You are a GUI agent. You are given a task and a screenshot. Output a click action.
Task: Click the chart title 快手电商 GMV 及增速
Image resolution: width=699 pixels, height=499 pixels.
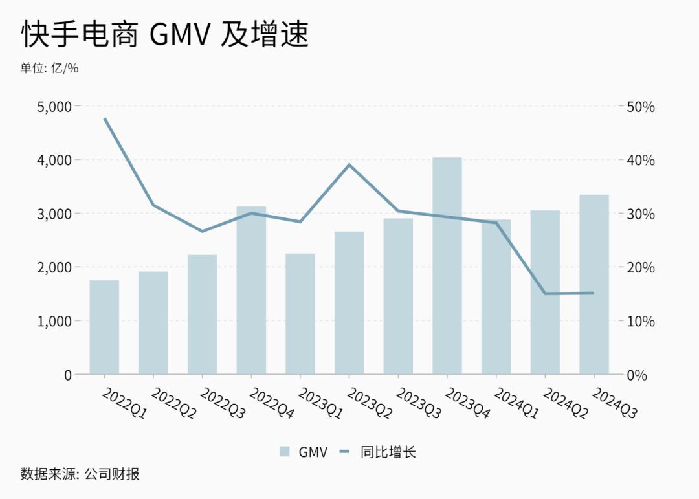click(x=165, y=34)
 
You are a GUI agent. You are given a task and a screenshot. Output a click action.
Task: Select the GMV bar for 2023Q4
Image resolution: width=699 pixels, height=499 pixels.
click(x=447, y=265)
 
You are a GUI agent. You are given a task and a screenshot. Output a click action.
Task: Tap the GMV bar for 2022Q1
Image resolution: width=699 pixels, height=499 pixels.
click(x=104, y=327)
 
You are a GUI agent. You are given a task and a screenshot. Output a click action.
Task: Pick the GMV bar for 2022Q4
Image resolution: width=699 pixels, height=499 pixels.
click(x=251, y=290)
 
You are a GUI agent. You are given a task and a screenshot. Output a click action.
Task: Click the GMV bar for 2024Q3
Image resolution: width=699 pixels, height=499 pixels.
click(x=594, y=285)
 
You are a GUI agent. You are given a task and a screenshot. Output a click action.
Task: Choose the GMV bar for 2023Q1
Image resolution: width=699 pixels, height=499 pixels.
click(x=300, y=314)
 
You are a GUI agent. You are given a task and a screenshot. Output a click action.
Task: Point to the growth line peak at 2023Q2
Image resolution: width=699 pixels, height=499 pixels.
click(x=349, y=164)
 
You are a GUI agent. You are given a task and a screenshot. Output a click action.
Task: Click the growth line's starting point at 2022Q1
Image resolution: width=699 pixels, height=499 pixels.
click(x=105, y=118)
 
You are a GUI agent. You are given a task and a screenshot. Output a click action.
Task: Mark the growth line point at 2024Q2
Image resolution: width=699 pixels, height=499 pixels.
click(x=545, y=293)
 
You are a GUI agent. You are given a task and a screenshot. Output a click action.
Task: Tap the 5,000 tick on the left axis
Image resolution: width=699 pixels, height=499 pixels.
click(x=54, y=106)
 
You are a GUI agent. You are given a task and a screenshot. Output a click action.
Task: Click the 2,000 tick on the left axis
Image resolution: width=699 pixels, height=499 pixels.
click(x=54, y=267)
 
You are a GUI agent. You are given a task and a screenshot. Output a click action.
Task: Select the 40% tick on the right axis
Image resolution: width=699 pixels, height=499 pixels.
click(x=640, y=160)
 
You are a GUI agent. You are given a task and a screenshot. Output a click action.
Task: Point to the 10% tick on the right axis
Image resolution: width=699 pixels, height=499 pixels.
click(x=640, y=321)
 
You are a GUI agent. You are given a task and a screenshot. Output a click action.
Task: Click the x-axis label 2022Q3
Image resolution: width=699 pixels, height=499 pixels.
click(x=222, y=405)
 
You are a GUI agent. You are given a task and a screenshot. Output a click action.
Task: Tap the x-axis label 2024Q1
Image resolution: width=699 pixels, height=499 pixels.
click(x=516, y=405)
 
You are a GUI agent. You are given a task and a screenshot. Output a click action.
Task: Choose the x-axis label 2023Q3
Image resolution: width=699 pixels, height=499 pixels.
click(x=418, y=405)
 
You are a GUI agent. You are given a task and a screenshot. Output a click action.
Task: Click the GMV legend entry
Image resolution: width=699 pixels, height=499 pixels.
click(x=304, y=452)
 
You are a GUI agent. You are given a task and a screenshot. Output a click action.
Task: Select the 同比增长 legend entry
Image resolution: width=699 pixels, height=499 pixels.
click(x=378, y=452)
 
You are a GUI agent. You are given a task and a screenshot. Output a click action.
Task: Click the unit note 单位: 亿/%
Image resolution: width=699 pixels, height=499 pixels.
click(x=49, y=68)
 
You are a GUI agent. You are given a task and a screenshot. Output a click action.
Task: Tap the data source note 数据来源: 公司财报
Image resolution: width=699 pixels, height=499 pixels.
click(x=80, y=474)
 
